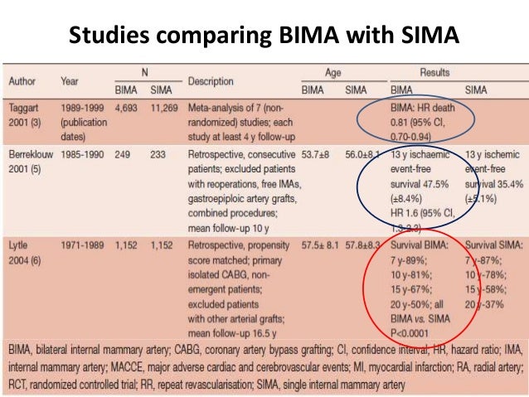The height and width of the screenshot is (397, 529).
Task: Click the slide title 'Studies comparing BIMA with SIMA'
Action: (264, 36)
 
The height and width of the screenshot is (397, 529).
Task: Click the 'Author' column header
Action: (28, 81)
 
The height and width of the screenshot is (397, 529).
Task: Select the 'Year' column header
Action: (70, 81)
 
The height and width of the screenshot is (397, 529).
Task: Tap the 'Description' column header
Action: (211, 81)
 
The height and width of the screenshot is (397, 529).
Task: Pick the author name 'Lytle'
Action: (22, 245)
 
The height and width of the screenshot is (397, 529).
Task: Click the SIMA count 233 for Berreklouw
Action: (158, 153)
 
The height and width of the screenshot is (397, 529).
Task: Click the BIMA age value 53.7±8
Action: (308, 153)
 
